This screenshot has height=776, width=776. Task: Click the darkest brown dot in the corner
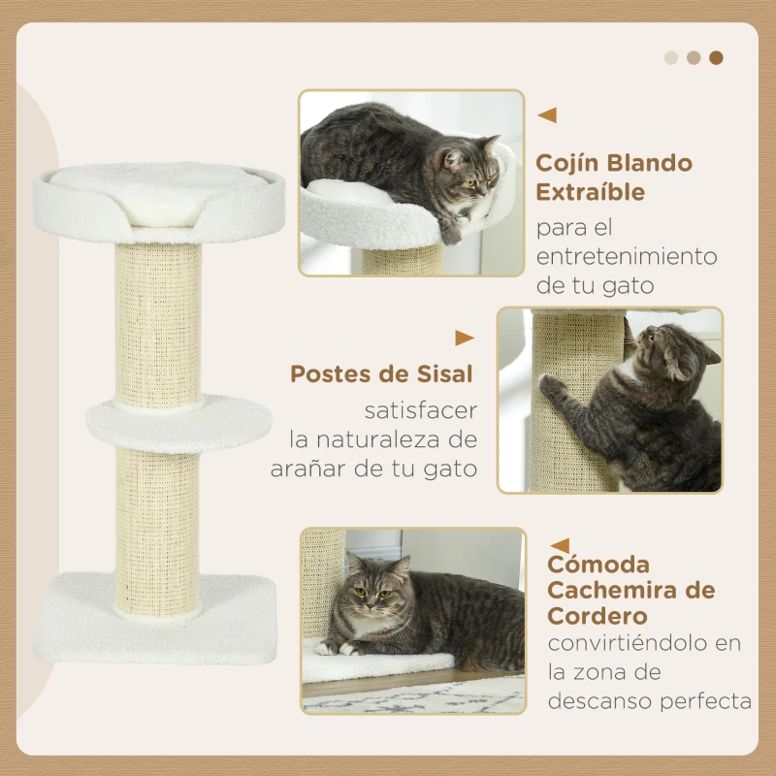click(x=716, y=58)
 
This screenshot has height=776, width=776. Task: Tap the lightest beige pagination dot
click(x=671, y=58)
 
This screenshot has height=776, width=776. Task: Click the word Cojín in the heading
click(x=567, y=164)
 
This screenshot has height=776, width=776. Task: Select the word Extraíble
click(x=591, y=192)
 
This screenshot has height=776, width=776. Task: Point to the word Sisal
click(x=444, y=374)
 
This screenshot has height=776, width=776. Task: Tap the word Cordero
click(x=598, y=616)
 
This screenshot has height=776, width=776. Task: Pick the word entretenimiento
click(x=627, y=256)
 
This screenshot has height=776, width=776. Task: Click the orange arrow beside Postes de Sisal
click(x=465, y=338)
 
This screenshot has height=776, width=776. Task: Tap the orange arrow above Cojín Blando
click(x=547, y=114)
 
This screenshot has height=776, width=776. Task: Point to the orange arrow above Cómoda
click(x=560, y=546)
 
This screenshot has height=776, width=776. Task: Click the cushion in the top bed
click(x=158, y=193)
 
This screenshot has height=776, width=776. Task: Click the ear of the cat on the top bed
click(x=491, y=143)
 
